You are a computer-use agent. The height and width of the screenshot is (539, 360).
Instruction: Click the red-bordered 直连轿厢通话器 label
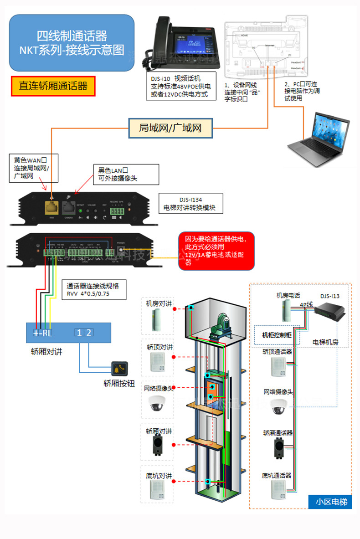pyautogui.click(x=53, y=86)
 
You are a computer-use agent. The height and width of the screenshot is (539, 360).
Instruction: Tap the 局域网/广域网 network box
pyautogui.click(x=170, y=128)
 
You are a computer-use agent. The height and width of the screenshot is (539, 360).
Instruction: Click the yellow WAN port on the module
pyautogui.click(x=51, y=208)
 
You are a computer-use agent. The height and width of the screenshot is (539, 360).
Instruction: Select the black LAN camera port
pyautogui.click(x=68, y=208)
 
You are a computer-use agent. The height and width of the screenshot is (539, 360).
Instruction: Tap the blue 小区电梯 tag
pyautogui.click(x=331, y=502)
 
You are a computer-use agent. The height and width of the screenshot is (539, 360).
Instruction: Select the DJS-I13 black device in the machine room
pyautogui.click(x=329, y=313)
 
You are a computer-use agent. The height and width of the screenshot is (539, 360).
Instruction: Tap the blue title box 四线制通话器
pyautogui.click(x=72, y=43)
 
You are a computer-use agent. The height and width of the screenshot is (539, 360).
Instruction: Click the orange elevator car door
pyautogui.click(x=211, y=391)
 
